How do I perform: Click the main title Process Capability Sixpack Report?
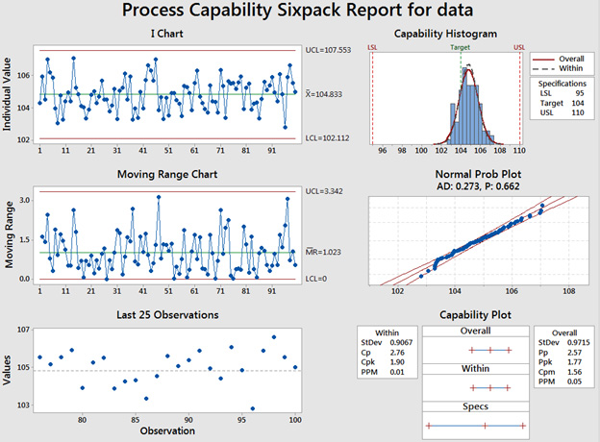(x=299, y=12)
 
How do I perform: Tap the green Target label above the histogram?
(x=462, y=46)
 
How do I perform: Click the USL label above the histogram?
(x=520, y=46)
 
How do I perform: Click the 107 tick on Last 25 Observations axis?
(x=21, y=331)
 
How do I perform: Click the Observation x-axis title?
(x=165, y=430)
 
